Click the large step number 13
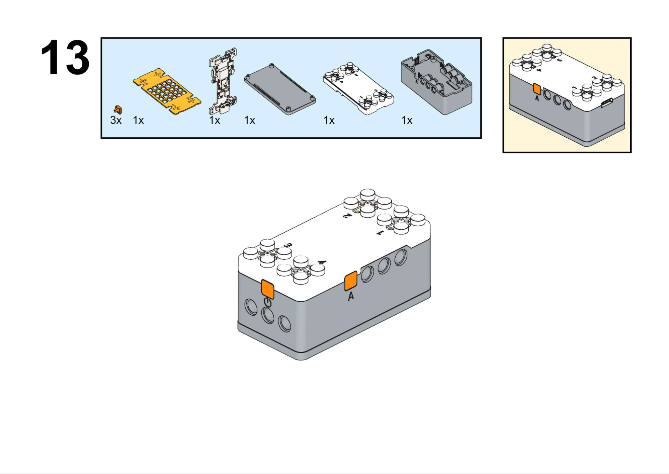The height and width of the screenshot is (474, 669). coord(65,58)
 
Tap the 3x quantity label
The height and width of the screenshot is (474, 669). coord(116,120)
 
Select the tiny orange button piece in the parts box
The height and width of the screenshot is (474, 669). coord(118,109)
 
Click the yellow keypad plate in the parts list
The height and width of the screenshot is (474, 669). coord(167,91)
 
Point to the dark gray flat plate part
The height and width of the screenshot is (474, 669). coord(280,89)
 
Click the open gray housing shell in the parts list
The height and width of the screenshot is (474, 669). coord(436,82)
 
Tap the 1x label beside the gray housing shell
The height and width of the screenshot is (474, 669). coord(407,120)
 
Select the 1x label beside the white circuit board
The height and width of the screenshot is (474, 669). coord(215,120)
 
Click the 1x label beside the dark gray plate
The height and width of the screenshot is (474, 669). coord(249,120)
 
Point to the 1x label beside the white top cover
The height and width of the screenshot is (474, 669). coord(329,120)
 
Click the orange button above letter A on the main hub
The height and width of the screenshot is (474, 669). coord(351,281)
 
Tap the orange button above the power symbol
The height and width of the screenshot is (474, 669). coord(268,289)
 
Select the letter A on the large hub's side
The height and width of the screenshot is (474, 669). coord(351,296)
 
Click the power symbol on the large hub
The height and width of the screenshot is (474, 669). coord(268,303)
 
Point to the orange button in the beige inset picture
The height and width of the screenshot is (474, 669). coord(537,89)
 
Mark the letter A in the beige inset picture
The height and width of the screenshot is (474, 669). coord(537,98)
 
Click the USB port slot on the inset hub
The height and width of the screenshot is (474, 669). coord(607,103)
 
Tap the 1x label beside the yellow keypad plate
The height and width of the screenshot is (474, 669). coord(138,120)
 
